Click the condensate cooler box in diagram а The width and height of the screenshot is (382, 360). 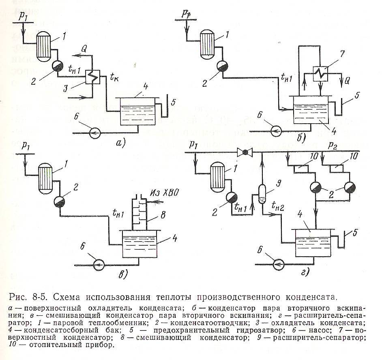(x=92, y=77)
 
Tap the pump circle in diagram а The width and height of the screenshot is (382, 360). (x=95, y=133)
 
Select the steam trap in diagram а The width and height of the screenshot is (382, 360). (x=58, y=66)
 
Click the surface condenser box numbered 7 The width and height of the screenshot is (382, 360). (x=320, y=74)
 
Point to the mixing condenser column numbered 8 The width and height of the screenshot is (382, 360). (x=139, y=212)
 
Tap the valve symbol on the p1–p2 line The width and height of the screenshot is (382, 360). (x=245, y=152)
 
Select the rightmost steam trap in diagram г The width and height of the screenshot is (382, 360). (x=350, y=187)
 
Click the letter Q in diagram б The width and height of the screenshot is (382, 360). (x=347, y=81)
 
